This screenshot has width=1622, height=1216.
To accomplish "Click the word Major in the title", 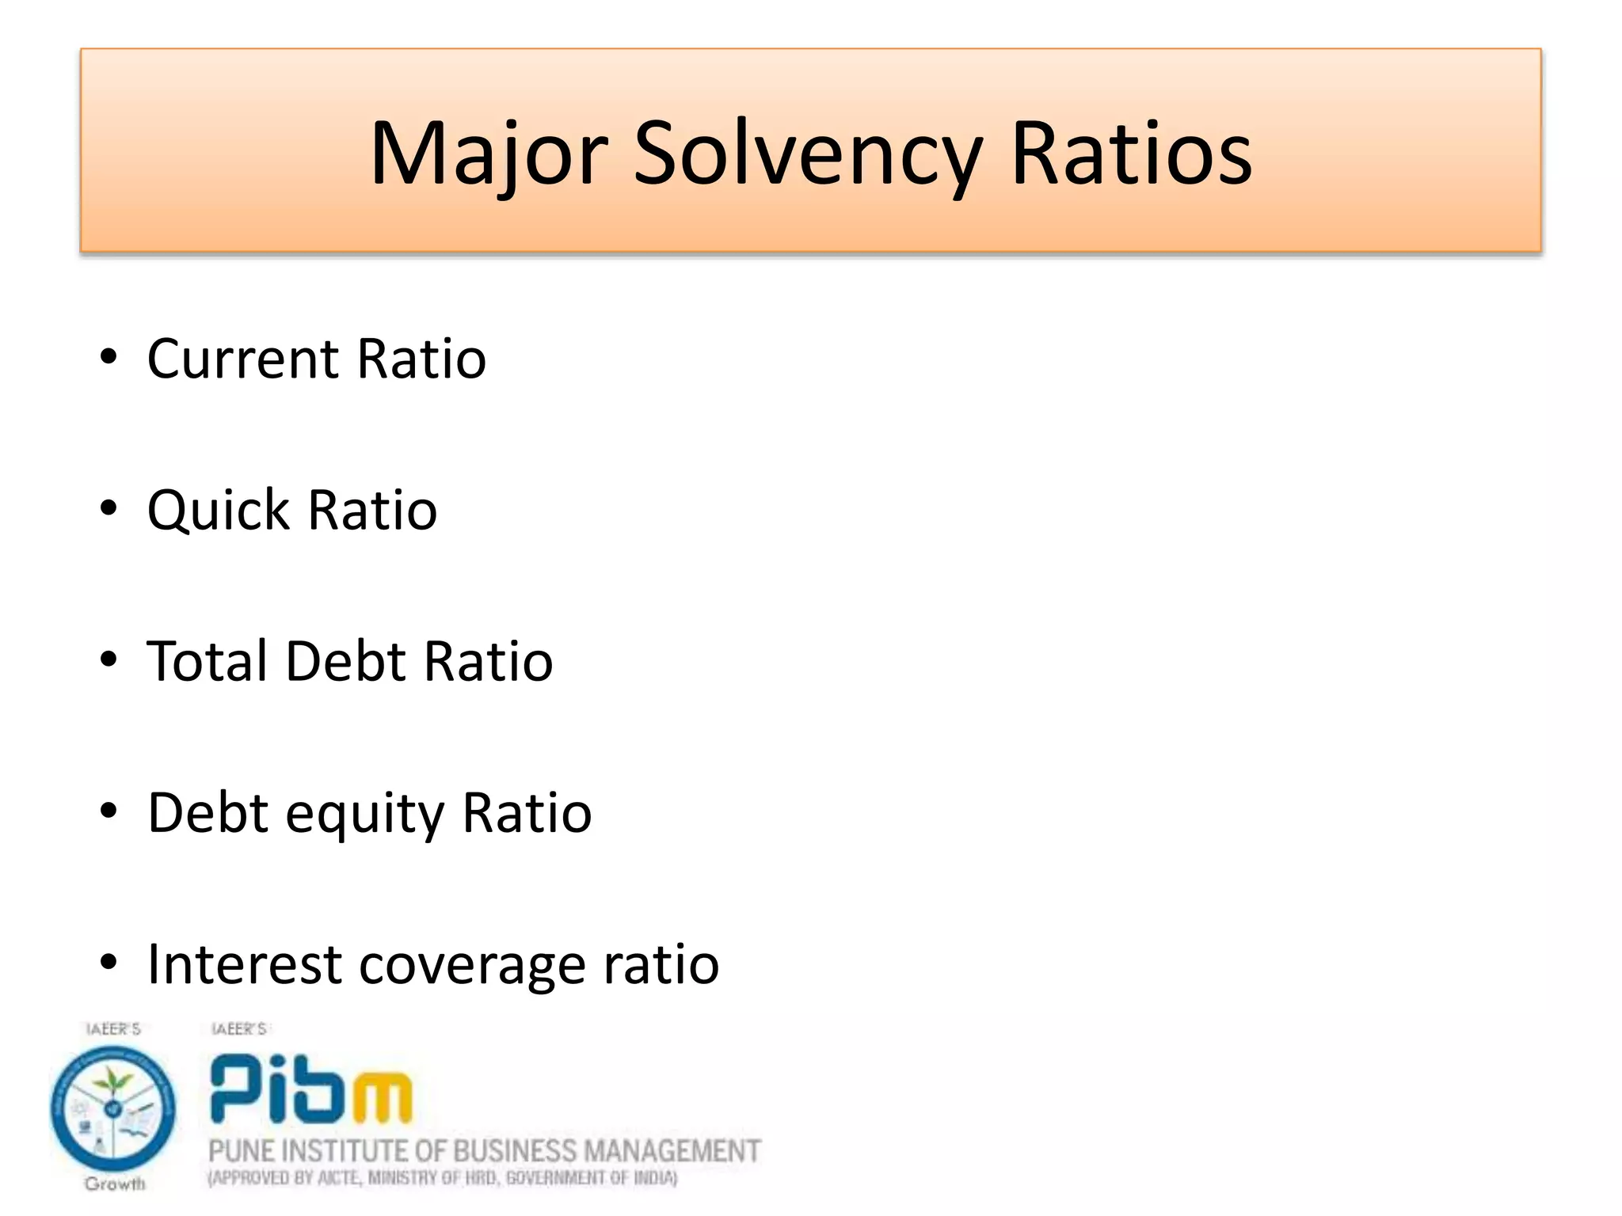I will (x=489, y=154).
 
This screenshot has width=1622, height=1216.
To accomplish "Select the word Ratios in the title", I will (x=1132, y=154).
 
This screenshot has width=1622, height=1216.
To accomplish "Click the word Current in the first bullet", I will (x=243, y=359).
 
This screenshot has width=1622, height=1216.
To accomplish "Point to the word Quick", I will (x=219, y=511).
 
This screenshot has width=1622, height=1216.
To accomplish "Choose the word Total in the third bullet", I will (x=207, y=661).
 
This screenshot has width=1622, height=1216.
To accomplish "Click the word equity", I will (x=365, y=815).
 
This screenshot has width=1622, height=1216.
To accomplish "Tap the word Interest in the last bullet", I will (x=245, y=965).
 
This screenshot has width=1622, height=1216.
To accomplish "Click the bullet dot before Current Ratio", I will (x=109, y=357).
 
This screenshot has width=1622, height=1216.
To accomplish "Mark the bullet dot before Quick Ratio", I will (x=109, y=508).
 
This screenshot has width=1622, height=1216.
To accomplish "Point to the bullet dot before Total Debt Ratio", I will (x=109, y=659).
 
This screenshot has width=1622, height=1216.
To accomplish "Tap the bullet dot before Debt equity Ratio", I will (x=109, y=811).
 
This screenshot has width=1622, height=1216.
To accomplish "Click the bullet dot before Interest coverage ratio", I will (x=109, y=963).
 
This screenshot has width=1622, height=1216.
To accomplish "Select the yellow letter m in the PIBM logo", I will (x=382, y=1097).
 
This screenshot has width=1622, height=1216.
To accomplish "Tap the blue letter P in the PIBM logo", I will (x=237, y=1088).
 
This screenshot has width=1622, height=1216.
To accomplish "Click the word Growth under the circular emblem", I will (x=116, y=1184).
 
